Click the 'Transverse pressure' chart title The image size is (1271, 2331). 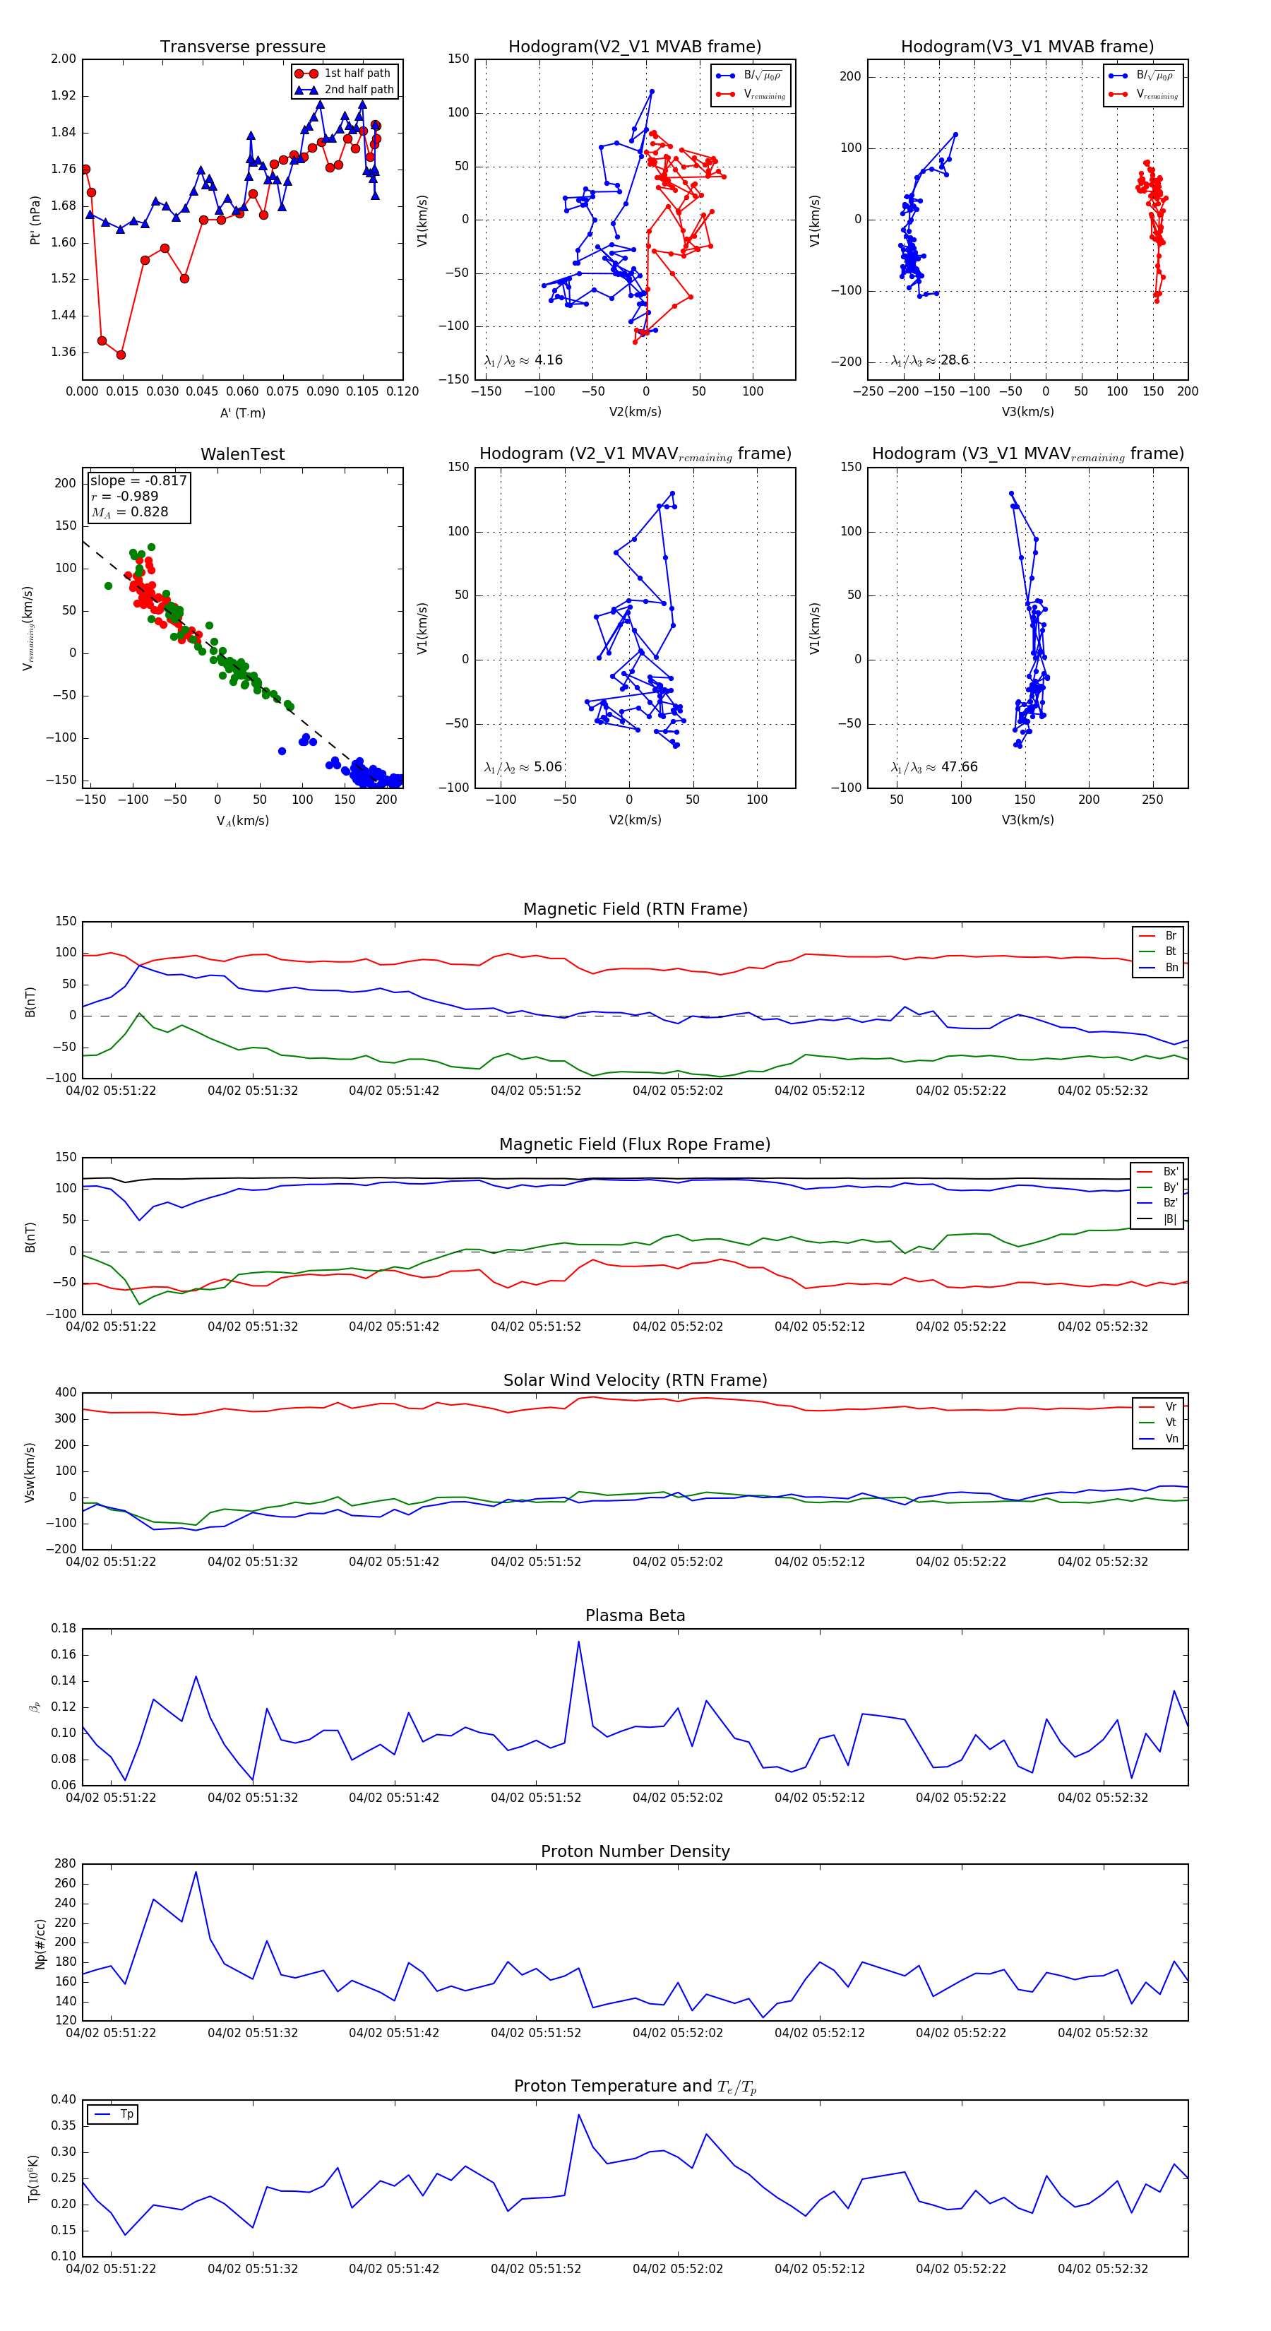pos(242,47)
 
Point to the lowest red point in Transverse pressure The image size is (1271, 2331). pos(120,355)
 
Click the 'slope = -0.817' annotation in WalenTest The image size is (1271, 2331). pos(138,480)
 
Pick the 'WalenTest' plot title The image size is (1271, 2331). pos(242,454)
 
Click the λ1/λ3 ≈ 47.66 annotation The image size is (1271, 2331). pos(933,766)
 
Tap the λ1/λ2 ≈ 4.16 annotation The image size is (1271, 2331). pos(523,360)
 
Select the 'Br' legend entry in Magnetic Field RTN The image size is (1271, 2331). pos(1170,936)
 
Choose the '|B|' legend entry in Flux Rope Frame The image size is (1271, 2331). pos(1170,1219)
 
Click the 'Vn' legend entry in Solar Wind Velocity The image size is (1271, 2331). pos(1171,1439)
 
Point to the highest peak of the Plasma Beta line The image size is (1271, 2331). pos(578,1642)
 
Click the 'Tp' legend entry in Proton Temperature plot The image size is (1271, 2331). pos(126,2115)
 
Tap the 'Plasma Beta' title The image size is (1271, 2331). pos(635,1616)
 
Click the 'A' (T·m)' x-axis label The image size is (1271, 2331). pos(242,413)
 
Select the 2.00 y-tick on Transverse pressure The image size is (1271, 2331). pos(64,59)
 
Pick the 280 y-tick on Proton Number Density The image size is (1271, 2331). pos(65,1864)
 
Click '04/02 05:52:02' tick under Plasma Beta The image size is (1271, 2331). pos(678,1797)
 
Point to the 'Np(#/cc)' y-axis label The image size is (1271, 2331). pos(40,1943)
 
